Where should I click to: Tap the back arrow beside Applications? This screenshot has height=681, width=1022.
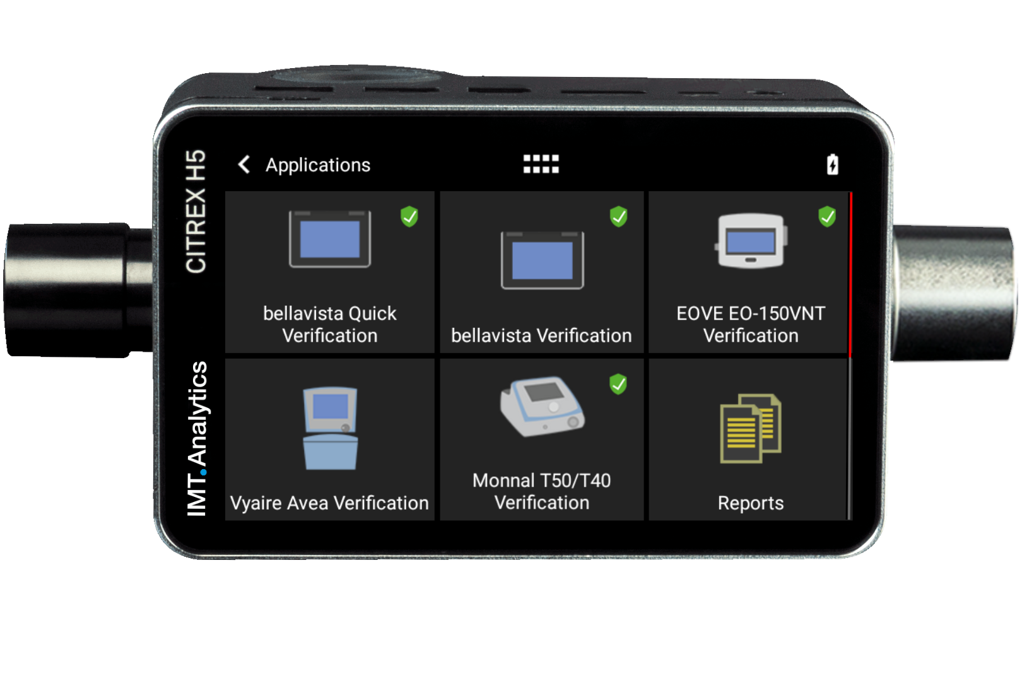pyautogui.click(x=244, y=165)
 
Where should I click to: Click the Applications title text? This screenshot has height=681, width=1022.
pyautogui.click(x=318, y=165)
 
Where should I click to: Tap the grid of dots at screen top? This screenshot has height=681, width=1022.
pyautogui.click(x=541, y=164)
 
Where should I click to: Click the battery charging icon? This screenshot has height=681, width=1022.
pyautogui.click(x=832, y=165)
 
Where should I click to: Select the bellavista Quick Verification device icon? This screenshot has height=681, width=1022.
pyautogui.click(x=330, y=240)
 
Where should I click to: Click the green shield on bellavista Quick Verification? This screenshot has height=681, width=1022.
pyautogui.click(x=409, y=216)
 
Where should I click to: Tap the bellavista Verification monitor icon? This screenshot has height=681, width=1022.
pyautogui.click(x=542, y=260)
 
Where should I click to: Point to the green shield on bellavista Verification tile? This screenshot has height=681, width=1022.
pyautogui.click(x=618, y=216)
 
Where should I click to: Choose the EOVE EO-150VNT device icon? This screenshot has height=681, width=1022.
pyautogui.click(x=751, y=241)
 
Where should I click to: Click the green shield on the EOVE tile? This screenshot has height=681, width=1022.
pyautogui.click(x=827, y=216)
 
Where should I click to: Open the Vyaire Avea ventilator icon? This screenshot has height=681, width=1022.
pyautogui.click(x=330, y=428)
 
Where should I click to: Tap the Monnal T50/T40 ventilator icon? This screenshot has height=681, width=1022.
pyautogui.click(x=543, y=407)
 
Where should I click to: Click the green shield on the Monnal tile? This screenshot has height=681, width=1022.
pyautogui.click(x=618, y=383)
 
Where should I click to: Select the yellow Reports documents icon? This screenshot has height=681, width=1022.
pyautogui.click(x=751, y=428)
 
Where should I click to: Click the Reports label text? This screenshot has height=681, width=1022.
pyautogui.click(x=751, y=503)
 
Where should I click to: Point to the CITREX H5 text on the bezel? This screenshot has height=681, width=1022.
pyautogui.click(x=196, y=211)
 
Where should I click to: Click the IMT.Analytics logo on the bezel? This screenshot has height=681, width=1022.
pyautogui.click(x=197, y=438)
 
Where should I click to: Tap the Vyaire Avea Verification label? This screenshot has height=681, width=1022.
pyautogui.click(x=329, y=503)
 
